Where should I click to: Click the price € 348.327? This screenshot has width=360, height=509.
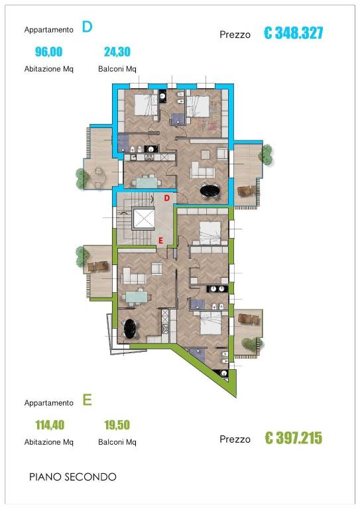(x=294, y=33)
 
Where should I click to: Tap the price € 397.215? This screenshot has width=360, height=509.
(x=294, y=438)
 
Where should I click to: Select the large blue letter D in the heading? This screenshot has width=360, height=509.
(x=87, y=27)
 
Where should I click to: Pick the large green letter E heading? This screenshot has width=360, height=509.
(x=87, y=400)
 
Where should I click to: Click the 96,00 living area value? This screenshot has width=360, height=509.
(x=48, y=52)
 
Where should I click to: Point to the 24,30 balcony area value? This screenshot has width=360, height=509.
(x=117, y=52)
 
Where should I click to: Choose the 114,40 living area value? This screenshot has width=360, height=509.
(x=50, y=425)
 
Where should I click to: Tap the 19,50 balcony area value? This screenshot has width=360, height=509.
(x=117, y=425)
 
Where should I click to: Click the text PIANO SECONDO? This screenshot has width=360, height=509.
(x=73, y=477)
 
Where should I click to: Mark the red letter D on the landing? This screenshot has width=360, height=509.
(x=167, y=198)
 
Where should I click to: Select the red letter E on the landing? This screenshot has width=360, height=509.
(x=160, y=241)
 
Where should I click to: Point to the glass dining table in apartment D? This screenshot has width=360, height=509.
(x=147, y=181)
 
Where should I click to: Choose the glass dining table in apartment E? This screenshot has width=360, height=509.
(x=137, y=296)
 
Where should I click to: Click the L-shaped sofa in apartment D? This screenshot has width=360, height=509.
(x=202, y=170)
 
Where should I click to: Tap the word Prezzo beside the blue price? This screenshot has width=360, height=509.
(x=235, y=34)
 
